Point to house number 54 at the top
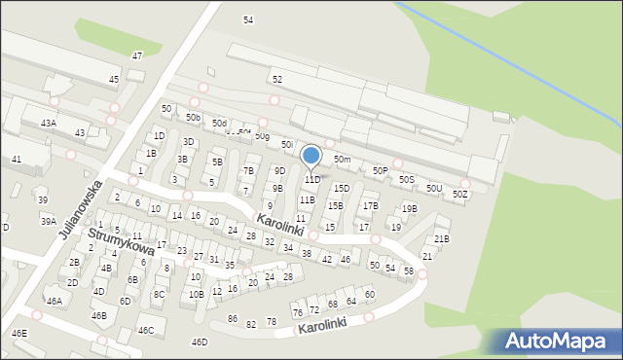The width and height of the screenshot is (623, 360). tap(248, 19)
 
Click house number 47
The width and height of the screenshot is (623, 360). tap(137, 55)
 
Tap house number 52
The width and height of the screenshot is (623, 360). tap(277, 79)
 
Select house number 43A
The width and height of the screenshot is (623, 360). tap(48, 124)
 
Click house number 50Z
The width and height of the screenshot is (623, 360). tap(460, 195)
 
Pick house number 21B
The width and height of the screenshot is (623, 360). tap(442, 238)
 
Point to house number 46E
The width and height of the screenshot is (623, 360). tap(19, 334)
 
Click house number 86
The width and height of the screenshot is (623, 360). tap(233, 319)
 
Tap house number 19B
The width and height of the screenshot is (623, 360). tap(410, 208)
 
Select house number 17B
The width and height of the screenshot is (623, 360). tap(370, 206)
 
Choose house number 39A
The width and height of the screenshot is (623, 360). tap(48, 222)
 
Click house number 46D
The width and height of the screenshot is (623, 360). tap(200, 342)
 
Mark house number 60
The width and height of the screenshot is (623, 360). tap(370, 294)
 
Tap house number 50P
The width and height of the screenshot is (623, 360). tap(381, 171)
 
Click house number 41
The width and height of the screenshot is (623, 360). tap(17, 159)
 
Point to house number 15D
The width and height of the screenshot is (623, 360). tap(342, 189)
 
